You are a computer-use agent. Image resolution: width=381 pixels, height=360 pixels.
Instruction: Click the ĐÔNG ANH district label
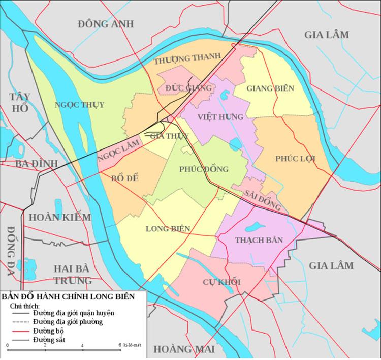106,23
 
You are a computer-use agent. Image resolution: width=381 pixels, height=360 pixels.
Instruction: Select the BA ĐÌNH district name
36,163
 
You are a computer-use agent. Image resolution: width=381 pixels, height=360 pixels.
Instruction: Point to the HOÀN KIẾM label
60,217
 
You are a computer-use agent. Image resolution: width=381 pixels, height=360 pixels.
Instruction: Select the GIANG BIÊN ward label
270,88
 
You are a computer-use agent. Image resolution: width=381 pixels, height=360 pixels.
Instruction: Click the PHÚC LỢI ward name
295,159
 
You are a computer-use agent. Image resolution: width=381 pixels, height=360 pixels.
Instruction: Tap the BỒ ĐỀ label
125,178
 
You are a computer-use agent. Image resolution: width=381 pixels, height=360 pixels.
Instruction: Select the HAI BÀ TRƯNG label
73,274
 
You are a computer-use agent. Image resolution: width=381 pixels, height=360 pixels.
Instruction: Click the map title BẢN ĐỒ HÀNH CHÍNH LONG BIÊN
68,296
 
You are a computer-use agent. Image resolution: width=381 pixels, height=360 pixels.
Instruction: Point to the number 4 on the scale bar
82,346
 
